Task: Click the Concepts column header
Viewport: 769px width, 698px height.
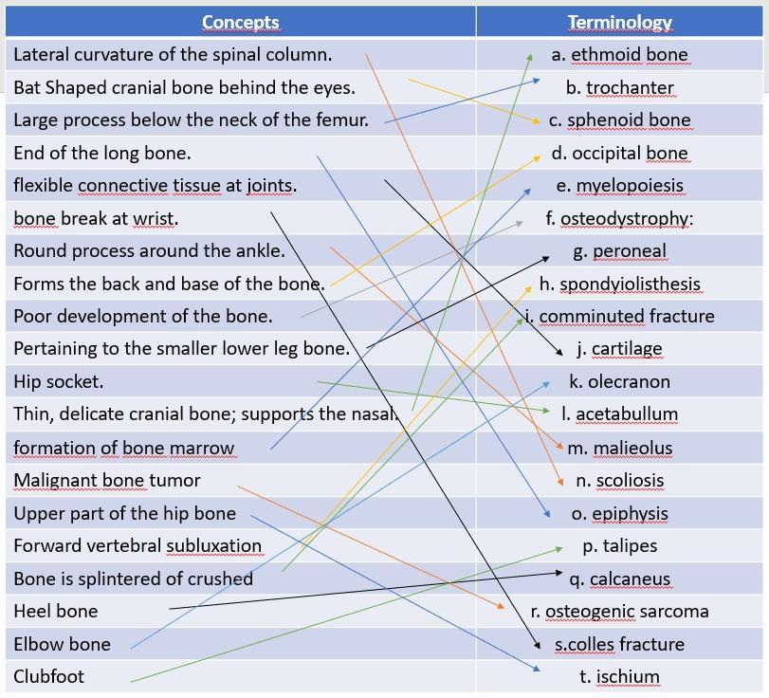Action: tap(240, 22)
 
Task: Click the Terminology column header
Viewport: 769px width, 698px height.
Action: tap(619, 22)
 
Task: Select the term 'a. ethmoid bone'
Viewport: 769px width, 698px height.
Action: tap(619, 55)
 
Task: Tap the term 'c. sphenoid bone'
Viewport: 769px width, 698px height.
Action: tap(619, 120)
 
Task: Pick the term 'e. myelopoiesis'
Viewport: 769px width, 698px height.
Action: tap(619, 186)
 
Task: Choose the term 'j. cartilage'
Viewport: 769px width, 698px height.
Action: tap(619, 349)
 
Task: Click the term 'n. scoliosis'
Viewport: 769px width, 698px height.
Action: tap(619, 481)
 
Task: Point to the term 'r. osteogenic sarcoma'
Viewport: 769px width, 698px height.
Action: tap(619, 612)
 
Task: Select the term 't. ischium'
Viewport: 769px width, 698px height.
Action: tap(619, 677)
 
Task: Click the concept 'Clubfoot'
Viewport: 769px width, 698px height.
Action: tap(48, 677)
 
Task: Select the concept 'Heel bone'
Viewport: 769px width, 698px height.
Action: tap(55, 612)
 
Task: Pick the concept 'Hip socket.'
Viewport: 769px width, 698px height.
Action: tap(58, 382)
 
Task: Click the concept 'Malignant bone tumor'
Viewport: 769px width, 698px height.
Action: tap(106, 481)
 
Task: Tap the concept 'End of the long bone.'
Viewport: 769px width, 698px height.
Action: tap(101, 153)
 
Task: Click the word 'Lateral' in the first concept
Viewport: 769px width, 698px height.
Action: tap(42, 55)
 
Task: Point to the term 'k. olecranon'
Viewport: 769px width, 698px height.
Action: tap(619, 382)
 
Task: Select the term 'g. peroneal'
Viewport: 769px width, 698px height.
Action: tap(619, 251)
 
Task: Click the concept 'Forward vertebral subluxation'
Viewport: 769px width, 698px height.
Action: tap(137, 546)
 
